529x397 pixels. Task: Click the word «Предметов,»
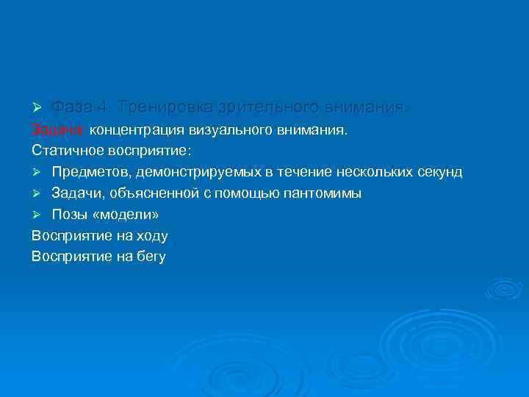pos(91,171)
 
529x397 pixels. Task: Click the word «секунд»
pos(438,171)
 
